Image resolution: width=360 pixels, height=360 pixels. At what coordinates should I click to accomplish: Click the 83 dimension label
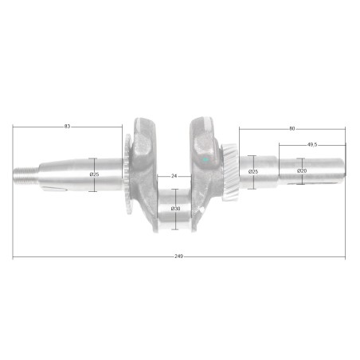click(67, 127)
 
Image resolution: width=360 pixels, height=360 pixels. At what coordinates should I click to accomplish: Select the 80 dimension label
click(292, 128)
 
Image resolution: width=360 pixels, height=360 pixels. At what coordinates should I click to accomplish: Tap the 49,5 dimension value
click(312, 145)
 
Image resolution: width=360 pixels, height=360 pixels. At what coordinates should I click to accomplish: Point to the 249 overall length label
click(178, 256)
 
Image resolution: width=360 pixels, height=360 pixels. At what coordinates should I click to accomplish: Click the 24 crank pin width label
click(174, 176)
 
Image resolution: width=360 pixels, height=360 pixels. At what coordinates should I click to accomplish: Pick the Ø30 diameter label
click(175, 209)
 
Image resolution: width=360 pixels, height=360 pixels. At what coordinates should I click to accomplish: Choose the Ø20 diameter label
click(302, 170)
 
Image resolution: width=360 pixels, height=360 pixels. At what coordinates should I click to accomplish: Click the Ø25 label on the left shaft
click(94, 174)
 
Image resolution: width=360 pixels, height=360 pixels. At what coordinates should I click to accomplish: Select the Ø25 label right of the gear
click(253, 172)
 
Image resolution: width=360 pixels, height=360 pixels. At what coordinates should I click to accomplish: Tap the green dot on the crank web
click(205, 160)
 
